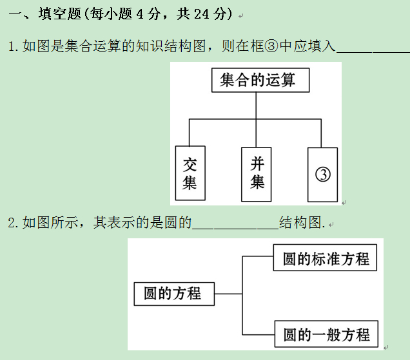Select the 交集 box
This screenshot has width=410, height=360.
click(x=190, y=173)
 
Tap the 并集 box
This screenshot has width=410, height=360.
click(x=257, y=173)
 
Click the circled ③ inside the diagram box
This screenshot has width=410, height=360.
click(x=323, y=174)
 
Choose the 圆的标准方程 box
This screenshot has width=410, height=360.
click(x=326, y=259)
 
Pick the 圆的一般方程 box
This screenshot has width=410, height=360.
click(x=326, y=335)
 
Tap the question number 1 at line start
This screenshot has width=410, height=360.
click(x=12, y=46)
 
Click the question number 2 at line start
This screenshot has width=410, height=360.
click(x=12, y=223)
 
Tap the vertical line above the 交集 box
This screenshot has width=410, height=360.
click(x=189, y=132)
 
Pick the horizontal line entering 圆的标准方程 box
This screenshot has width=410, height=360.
click(x=258, y=256)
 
